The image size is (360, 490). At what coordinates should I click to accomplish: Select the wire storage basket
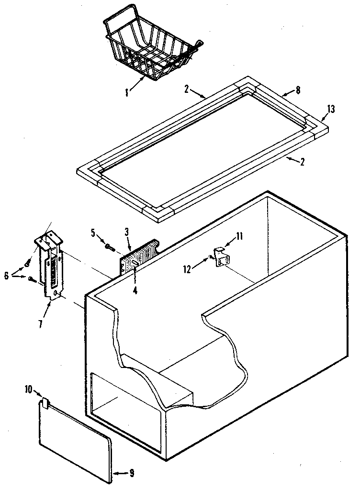(151, 46)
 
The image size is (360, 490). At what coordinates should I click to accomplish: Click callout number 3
(126, 232)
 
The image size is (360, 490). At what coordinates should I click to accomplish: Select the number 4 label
(135, 290)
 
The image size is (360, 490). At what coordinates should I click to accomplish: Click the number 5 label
(93, 233)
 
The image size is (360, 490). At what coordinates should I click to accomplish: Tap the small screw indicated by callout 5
(109, 246)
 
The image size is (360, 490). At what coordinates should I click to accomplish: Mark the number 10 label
(28, 390)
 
